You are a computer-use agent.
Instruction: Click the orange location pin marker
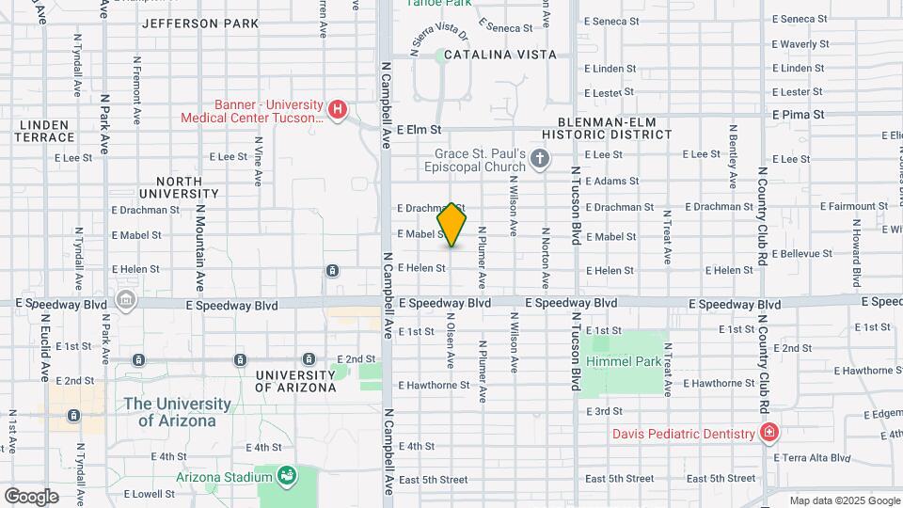(x=452, y=225)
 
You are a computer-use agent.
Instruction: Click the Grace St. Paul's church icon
(x=540, y=158)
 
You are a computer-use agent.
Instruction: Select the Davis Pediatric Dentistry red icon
(x=769, y=433)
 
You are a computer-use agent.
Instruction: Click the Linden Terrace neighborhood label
(x=43, y=131)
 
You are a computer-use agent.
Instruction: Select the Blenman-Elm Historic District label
(x=616, y=128)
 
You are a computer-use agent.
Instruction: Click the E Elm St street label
(x=419, y=131)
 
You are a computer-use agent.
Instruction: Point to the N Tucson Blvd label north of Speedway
(x=575, y=206)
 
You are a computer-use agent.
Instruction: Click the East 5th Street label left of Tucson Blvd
(x=433, y=479)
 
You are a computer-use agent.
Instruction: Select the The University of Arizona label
(x=177, y=412)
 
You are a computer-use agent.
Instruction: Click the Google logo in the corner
(x=31, y=496)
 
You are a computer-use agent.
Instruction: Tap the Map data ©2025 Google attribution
(x=843, y=500)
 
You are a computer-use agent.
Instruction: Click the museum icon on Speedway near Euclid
(x=125, y=300)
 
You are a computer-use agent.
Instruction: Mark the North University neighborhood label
(x=166, y=187)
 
